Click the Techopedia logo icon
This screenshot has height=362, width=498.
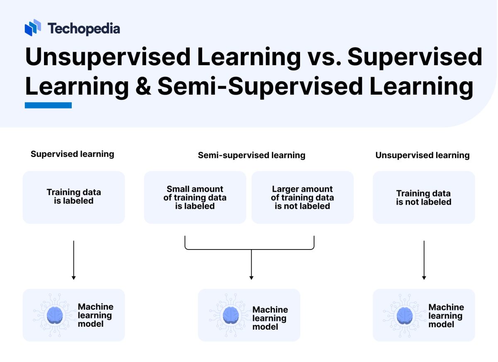[33, 27]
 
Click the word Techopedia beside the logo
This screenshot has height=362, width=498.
[83, 28]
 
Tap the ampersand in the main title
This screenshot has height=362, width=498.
[143, 87]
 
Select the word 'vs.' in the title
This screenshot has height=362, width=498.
[324, 57]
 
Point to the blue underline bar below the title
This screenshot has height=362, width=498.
[48, 105]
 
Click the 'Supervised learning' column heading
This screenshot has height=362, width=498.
[72, 154]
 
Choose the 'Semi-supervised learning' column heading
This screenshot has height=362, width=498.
[251, 155]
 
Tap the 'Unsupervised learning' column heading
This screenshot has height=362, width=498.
[422, 155]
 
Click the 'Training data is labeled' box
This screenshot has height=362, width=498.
[74, 197]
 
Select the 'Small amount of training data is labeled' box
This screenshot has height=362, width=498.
[195, 197]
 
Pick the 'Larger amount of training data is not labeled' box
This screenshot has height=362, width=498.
[303, 197]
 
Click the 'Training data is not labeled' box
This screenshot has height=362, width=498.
[424, 197]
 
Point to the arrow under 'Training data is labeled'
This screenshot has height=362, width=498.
[73, 259]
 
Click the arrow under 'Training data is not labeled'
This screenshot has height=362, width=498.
[424, 259]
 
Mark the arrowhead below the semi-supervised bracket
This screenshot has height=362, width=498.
[251, 277]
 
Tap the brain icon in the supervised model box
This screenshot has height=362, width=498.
[55, 315]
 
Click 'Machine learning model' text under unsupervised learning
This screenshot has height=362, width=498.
[446, 316]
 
